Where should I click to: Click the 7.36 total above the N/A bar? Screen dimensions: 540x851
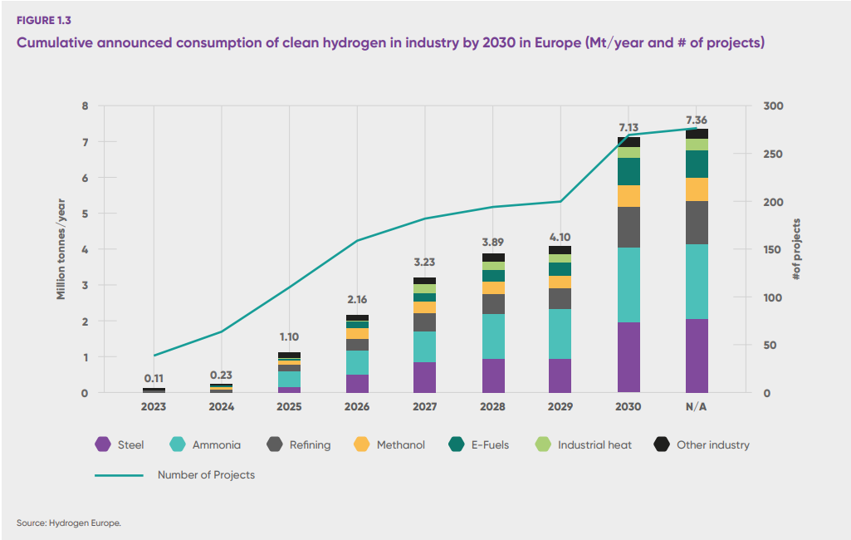[x=697, y=120]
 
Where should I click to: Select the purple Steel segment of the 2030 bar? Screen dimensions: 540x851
[x=628, y=357]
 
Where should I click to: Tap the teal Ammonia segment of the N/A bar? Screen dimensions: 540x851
[x=697, y=282]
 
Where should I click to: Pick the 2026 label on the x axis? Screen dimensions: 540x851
[x=357, y=406]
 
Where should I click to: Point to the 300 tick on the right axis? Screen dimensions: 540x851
[x=771, y=106]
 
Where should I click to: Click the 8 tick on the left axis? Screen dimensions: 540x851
[x=84, y=106]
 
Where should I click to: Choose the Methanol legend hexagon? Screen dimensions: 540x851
[x=362, y=445]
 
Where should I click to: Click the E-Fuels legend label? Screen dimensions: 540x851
[x=491, y=445]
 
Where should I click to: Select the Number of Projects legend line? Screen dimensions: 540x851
[x=120, y=475]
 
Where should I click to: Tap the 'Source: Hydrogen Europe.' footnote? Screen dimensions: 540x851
[x=69, y=523]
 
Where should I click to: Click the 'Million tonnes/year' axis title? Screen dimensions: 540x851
[x=61, y=249]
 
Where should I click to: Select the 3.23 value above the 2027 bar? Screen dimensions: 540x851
[x=425, y=263]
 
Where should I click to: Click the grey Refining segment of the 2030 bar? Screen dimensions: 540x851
[x=628, y=227]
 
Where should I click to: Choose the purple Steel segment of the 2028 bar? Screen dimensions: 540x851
[x=493, y=376]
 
